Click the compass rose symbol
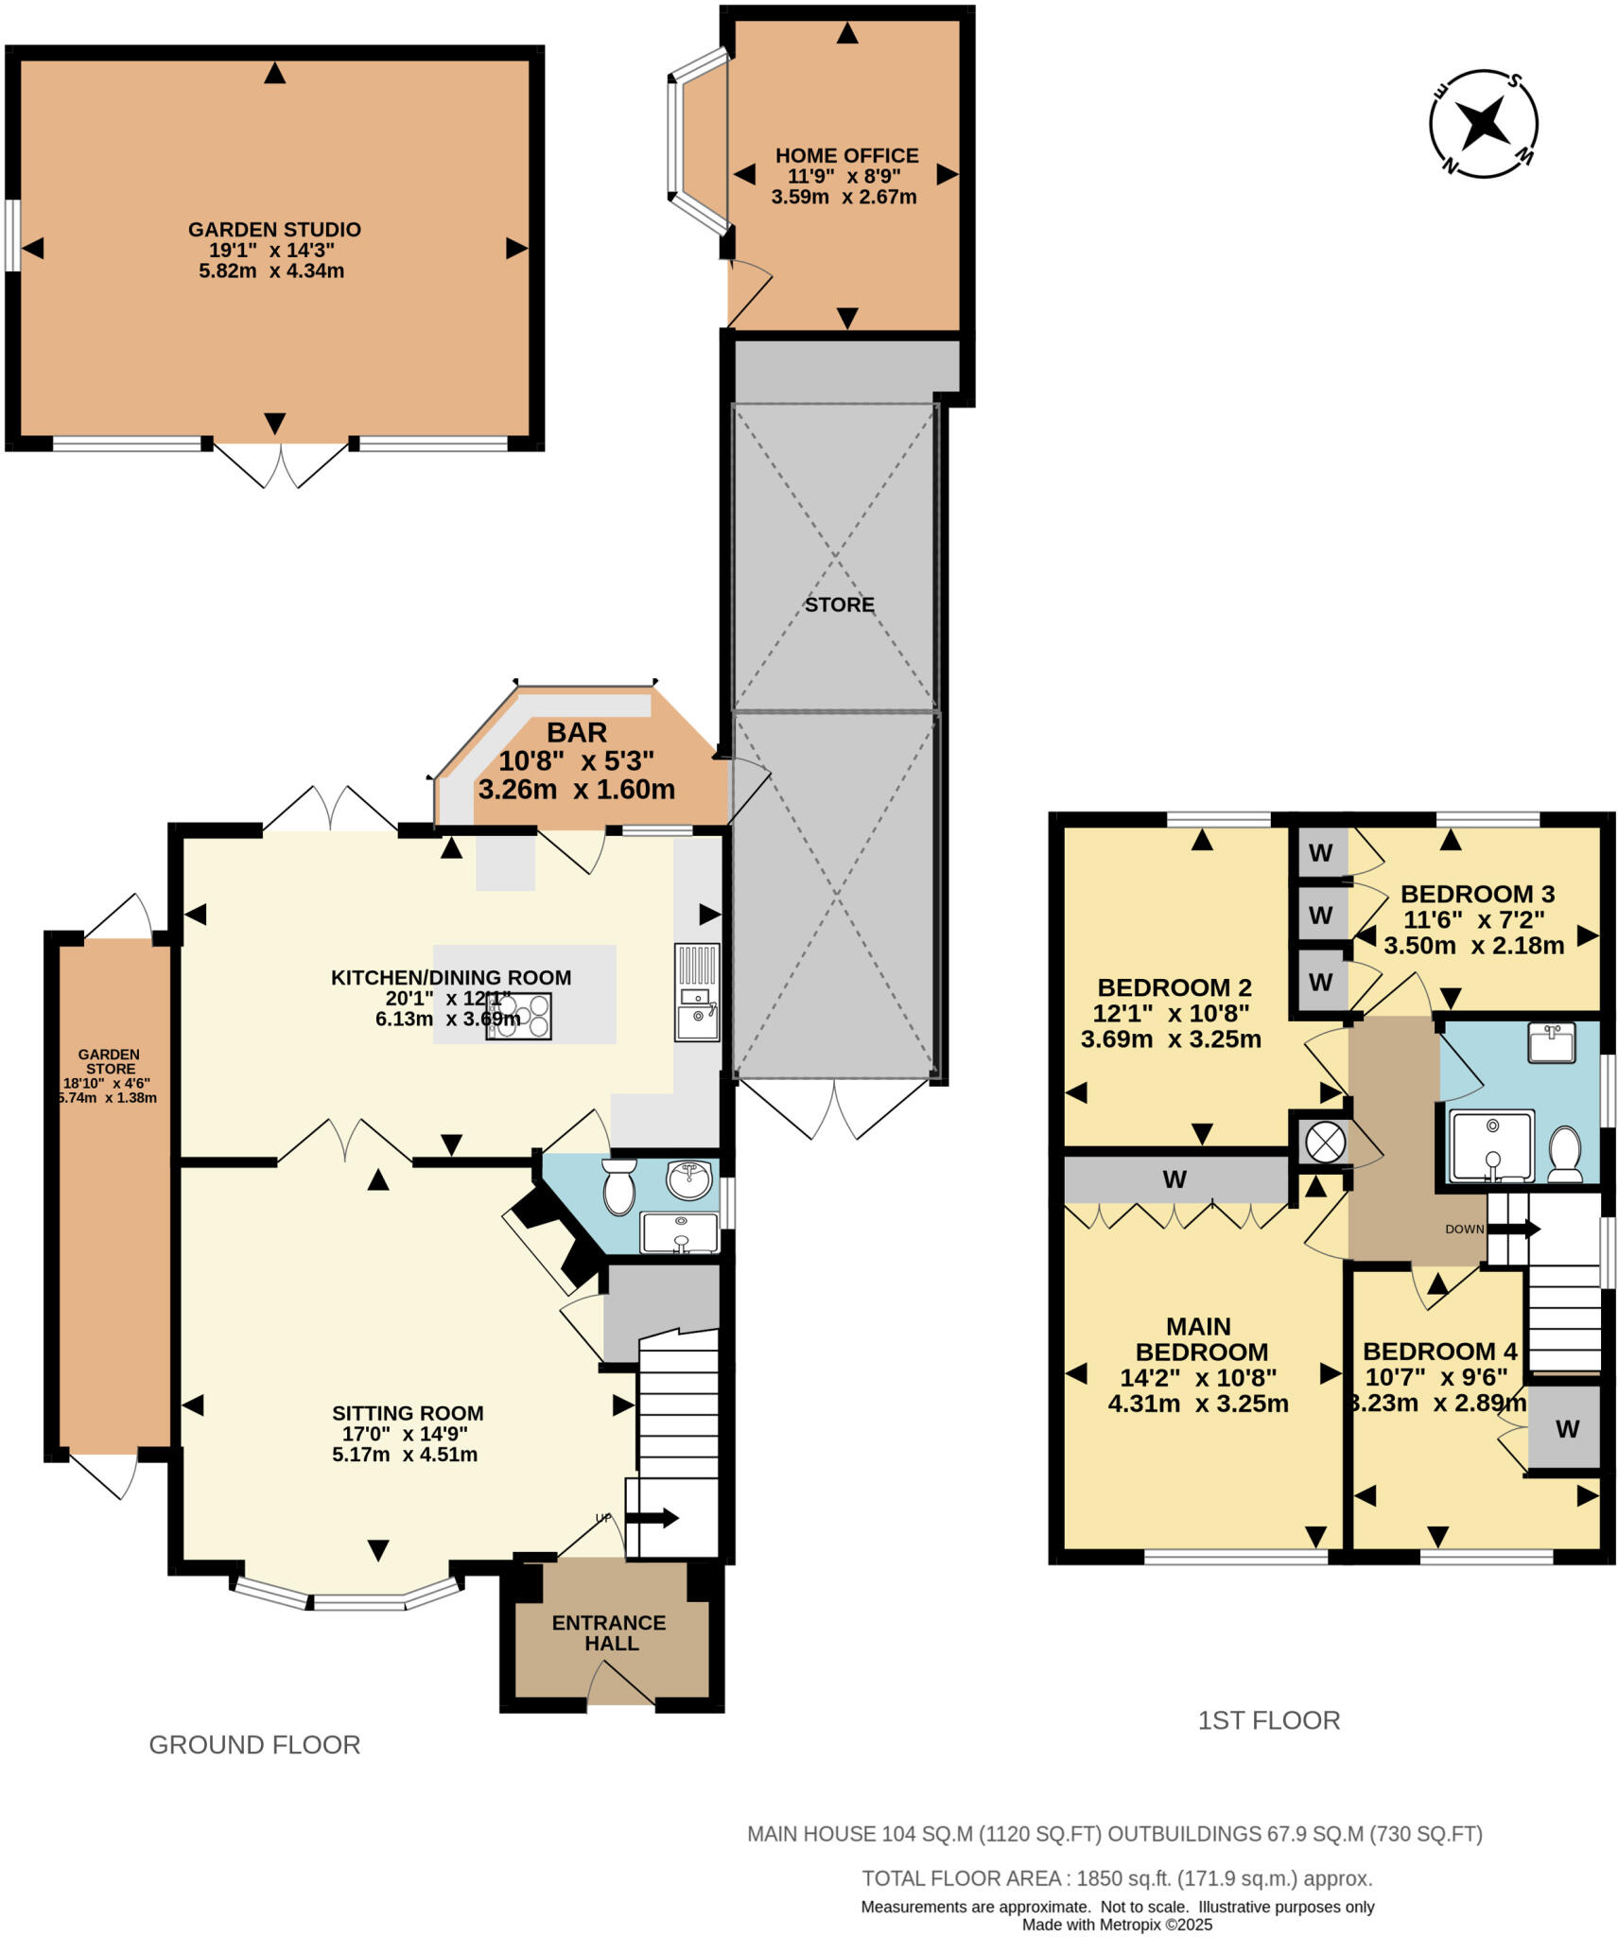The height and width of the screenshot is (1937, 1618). click(1482, 123)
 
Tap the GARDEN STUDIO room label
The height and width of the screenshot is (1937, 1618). click(274, 230)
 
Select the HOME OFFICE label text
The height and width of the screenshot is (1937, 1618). click(846, 156)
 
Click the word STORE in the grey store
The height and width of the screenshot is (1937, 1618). click(839, 605)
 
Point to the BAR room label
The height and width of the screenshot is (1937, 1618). click(576, 733)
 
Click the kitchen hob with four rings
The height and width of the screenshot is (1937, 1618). click(518, 1017)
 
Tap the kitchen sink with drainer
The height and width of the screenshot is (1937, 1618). click(697, 992)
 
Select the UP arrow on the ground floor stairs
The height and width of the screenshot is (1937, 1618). click(652, 1519)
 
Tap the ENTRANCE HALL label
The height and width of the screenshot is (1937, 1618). click(610, 1633)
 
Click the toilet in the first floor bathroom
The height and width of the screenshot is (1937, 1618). click(1565, 1153)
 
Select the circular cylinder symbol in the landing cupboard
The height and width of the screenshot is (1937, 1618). click(1324, 1143)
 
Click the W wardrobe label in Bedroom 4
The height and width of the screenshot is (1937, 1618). click(1567, 1429)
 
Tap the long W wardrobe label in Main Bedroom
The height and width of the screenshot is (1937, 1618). click(1174, 1179)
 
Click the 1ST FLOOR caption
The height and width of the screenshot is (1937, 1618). click(1268, 1720)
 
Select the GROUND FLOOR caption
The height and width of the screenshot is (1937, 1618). click(254, 1745)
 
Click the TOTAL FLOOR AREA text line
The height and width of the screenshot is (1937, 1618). click(1116, 1878)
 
